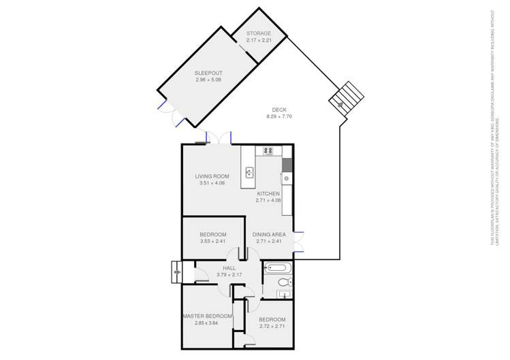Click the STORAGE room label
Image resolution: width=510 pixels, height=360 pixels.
(259, 33)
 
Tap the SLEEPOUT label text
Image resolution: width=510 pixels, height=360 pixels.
(208, 73)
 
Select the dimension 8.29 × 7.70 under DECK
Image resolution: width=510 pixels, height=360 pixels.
(279, 116)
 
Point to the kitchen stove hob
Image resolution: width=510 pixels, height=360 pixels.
(268, 151)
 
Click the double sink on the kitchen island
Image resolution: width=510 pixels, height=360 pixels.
(250, 172)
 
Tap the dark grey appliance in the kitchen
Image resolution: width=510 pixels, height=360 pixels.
(287, 165)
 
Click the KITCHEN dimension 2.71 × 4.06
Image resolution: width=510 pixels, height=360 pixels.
(268, 200)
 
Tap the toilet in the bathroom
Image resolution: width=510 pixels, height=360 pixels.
(285, 281)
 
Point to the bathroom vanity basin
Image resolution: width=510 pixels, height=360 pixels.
(285, 295)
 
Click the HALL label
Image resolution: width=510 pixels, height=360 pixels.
(229, 268)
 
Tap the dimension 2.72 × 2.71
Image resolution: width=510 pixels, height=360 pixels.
(272, 326)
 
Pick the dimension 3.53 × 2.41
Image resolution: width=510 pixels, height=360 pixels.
(212, 241)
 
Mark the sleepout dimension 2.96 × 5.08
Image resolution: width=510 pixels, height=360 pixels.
(208, 80)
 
